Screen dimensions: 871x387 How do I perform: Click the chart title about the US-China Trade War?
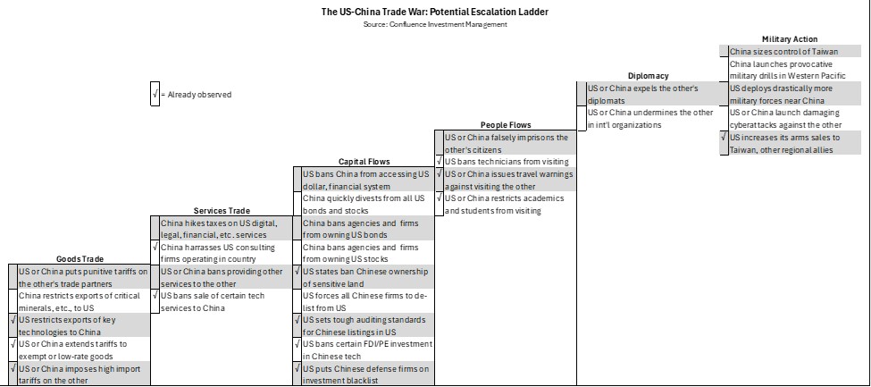tap(435, 12)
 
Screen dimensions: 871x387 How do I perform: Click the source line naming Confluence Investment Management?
tap(435, 24)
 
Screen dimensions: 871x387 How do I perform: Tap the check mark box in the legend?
tap(155, 94)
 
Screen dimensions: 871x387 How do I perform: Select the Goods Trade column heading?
tap(80, 259)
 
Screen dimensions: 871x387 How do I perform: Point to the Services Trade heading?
tap(222, 211)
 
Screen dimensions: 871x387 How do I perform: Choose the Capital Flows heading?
tap(364, 162)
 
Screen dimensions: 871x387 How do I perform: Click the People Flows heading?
tap(506, 125)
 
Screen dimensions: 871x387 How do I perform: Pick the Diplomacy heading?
tap(649, 76)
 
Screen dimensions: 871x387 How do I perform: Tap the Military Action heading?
tap(790, 39)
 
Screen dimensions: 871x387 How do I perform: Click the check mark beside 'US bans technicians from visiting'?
tap(440, 161)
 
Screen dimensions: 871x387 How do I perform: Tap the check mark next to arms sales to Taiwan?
tap(724, 137)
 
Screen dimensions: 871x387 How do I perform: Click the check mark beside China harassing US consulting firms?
tap(155, 247)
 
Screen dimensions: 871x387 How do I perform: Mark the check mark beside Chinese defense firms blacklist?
tap(297, 368)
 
